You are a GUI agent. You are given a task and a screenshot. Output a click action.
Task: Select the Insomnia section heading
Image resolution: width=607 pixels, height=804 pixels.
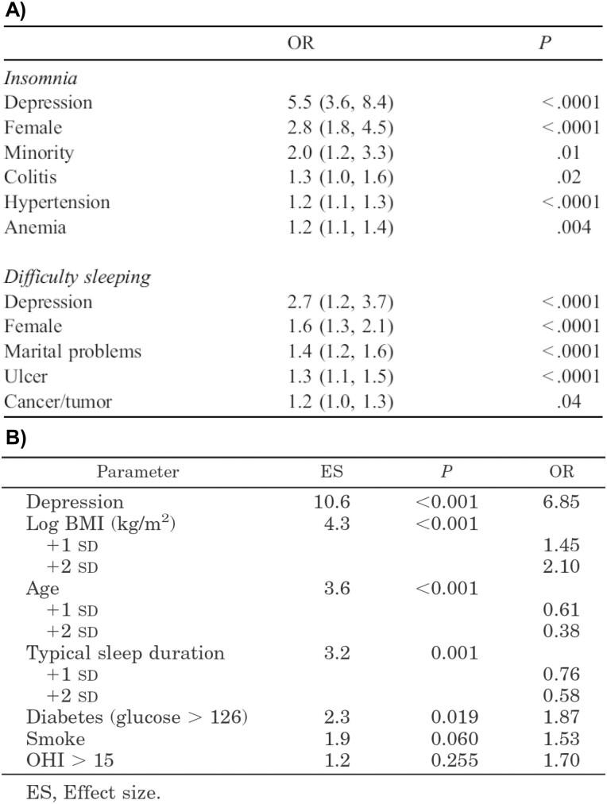41,78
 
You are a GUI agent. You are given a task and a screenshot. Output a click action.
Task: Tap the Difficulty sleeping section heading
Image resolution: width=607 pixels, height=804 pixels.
77,277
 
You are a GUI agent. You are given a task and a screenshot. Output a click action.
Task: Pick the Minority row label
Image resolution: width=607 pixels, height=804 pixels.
39,152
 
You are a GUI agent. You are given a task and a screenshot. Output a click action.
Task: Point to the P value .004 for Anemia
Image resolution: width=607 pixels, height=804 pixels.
574,227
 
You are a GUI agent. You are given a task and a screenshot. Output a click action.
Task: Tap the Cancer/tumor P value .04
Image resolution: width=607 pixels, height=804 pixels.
569,401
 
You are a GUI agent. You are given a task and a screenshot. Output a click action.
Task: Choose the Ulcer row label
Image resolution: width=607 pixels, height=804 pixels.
26,377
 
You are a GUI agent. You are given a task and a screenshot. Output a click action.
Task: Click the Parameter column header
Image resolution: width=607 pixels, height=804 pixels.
137,471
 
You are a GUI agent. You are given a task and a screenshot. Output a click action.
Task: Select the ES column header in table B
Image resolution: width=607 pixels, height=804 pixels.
331,471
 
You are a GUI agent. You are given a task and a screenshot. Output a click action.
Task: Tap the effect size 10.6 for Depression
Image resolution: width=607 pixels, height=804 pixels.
332,502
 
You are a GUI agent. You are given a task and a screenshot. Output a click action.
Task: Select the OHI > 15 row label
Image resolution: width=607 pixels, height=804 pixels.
70,760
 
